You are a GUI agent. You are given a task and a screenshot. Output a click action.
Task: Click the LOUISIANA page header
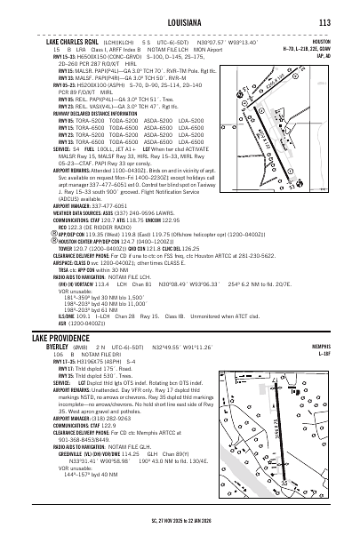coord(180,22)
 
